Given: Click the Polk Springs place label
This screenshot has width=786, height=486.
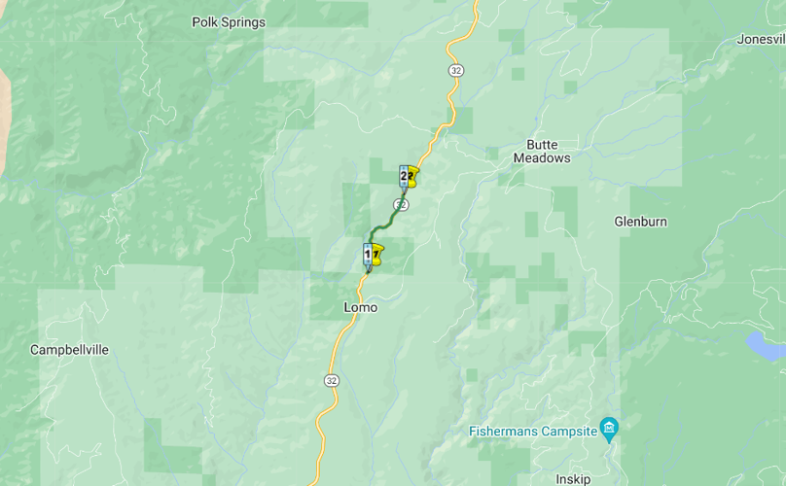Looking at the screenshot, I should [x=228, y=22].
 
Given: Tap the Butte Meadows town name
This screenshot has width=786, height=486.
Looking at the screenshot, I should [x=542, y=151].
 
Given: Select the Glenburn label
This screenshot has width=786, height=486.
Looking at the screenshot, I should [x=640, y=222].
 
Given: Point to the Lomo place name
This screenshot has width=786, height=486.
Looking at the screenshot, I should [x=360, y=307].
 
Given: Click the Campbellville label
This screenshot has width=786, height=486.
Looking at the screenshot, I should [x=69, y=350].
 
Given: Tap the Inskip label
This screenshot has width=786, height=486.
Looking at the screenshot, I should [x=573, y=479].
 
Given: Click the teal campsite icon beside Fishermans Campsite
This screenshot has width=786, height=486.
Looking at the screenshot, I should [x=609, y=427].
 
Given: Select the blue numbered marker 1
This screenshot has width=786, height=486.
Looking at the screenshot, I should [x=368, y=254].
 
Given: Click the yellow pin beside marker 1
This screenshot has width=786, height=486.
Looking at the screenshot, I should [x=377, y=255].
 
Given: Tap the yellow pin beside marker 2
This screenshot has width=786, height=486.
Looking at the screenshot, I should [x=413, y=177].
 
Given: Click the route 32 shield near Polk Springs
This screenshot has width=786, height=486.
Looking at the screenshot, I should [x=455, y=70].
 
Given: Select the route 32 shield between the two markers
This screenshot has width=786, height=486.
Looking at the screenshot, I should [x=401, y=204].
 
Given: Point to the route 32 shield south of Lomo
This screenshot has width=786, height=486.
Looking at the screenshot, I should [x=332, y=379].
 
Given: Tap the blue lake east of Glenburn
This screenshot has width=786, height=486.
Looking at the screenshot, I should [x=765, y=345].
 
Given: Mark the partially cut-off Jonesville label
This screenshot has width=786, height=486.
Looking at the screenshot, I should [x=761, y=40].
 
